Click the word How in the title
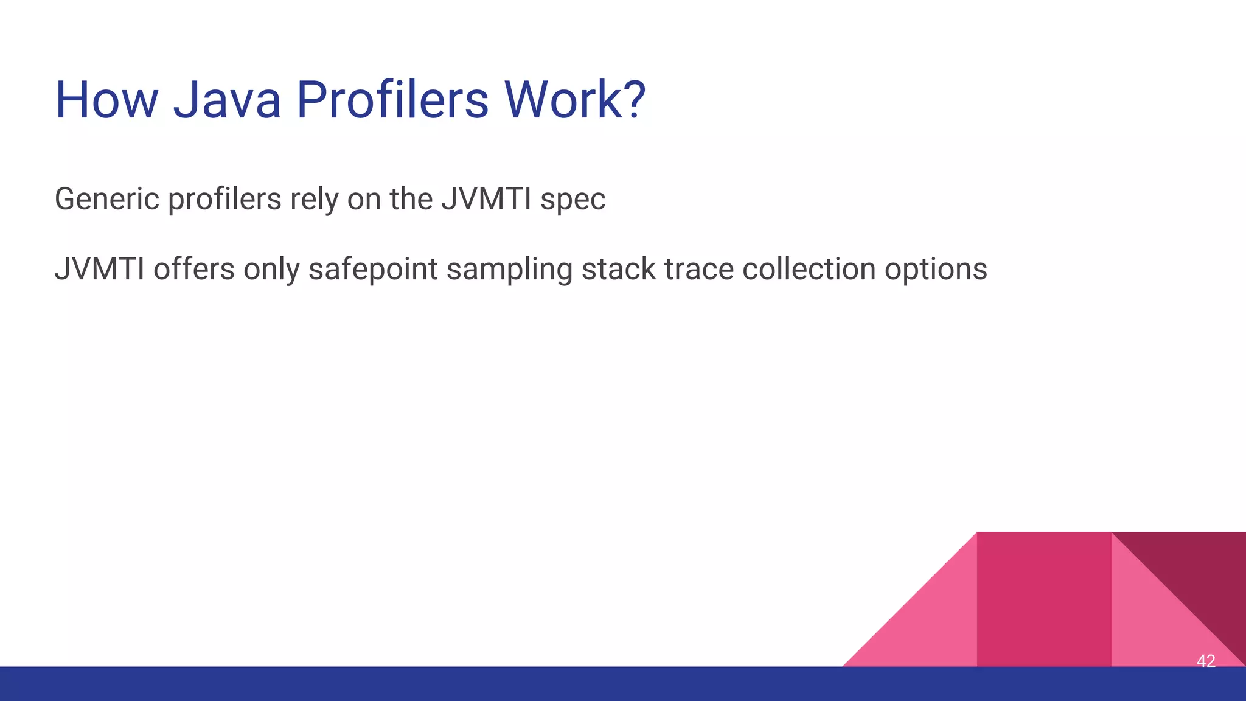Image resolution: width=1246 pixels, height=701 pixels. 106,100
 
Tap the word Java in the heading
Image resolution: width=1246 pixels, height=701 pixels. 227,100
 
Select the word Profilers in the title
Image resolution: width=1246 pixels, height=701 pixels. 392,100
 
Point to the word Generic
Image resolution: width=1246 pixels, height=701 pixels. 107,199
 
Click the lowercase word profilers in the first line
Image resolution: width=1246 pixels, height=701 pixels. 224,199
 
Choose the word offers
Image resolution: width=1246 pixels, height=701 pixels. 193,269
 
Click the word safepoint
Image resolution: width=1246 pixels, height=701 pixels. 372,270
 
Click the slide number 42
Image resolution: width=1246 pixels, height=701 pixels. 1205,660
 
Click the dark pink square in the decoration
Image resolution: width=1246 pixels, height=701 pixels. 1043,599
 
